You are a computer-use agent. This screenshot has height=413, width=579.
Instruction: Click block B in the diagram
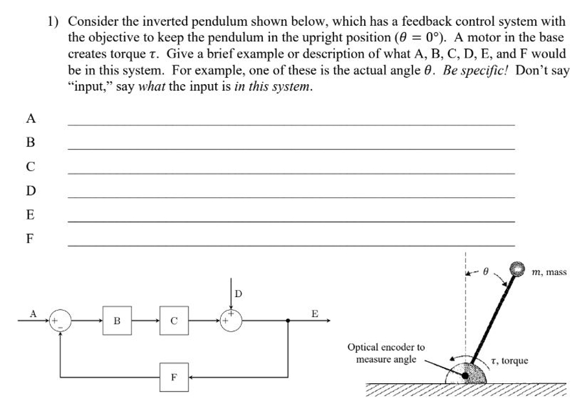click(x=117, y=320)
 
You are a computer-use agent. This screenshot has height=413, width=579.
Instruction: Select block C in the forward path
click(x=174, y=320)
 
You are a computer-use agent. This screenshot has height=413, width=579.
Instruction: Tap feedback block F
click(x=174, y=376)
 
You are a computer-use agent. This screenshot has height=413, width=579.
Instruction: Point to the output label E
click(x=315, y=313)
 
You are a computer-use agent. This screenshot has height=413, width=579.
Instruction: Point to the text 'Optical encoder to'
click(x=386, y=348)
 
